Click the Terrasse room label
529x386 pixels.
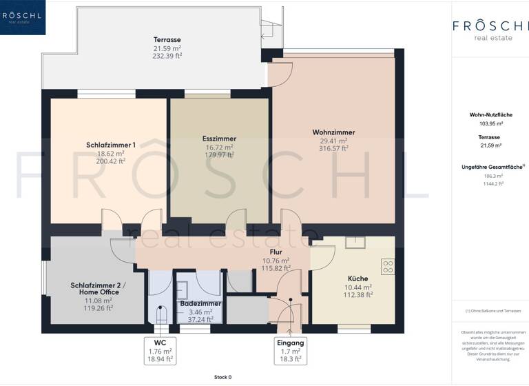point(167,40)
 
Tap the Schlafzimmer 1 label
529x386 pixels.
point(110,145)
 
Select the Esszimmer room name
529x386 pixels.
point(219,138)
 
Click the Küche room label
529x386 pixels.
point(358,278)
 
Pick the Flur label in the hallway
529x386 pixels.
point(276,252)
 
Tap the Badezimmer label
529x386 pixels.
point(200,303)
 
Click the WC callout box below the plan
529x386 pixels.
point(160,349)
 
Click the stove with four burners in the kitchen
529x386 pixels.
point(388,265)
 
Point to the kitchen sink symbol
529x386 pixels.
point(355,241)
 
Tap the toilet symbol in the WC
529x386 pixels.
point(161,315)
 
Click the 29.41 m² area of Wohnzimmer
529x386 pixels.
point(333,140)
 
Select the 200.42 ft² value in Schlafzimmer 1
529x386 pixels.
point(111,162)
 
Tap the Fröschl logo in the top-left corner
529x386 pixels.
point(23,17)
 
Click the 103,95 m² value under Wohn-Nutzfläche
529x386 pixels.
point(490,123)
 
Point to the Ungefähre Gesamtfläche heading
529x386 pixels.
point(490,167)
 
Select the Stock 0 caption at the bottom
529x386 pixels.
point(222,377)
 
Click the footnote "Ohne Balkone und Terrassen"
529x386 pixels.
point(490,312)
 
